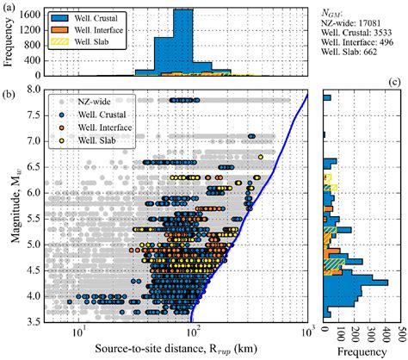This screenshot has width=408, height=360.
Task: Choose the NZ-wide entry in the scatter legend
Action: (93, 102)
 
